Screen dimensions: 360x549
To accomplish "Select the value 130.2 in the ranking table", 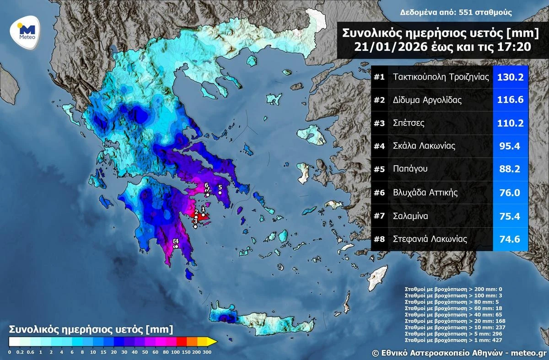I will coord(510,77).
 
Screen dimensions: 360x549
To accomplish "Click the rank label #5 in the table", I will coord(379,169).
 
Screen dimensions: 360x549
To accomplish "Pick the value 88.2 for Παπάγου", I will coord(510,169).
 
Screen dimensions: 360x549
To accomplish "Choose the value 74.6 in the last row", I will coord(510,239).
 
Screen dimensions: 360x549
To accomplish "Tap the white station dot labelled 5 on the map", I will coord(220,193).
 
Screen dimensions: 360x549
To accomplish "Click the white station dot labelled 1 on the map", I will coord(203,215).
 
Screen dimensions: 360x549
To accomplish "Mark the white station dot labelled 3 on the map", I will coord(195,226).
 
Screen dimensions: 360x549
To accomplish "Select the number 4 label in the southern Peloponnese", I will coord(175,241).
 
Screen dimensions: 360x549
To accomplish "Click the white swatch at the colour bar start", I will coord(13,341).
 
